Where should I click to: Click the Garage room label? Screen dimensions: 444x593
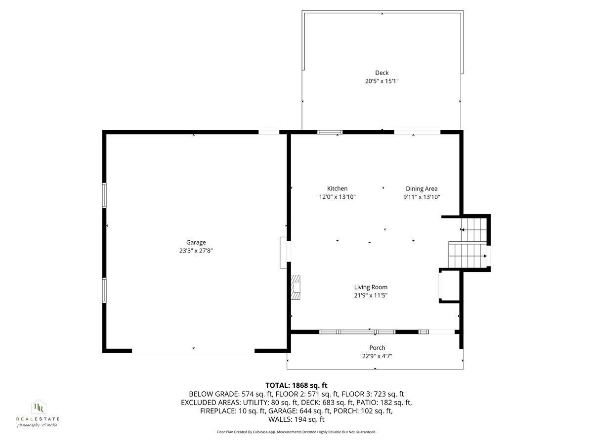(x=196, y=242)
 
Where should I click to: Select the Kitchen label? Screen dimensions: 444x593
(x=337, y=188)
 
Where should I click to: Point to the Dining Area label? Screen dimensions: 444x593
(x=422, y=188)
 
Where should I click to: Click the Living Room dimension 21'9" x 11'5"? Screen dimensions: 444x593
(x=371, y=296)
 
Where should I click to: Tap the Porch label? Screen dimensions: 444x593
(x=377, y=348)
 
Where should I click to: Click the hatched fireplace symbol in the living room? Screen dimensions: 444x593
(x=295, y=288)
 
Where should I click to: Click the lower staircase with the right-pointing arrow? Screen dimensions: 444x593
(x=467, y=256)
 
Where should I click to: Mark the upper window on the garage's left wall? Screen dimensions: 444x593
(x=104, y=195)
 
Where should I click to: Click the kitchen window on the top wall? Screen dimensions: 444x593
(x=330, y=132)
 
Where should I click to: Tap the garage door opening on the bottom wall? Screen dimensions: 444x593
(x=193, y=351)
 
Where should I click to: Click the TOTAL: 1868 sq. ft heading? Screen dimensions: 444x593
(x=296, y=385)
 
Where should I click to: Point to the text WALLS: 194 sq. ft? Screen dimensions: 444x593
(x=296, y=419)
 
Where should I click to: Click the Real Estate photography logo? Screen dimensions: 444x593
(x=38, y=413)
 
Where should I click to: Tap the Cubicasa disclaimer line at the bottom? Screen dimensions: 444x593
(x=296, y=432)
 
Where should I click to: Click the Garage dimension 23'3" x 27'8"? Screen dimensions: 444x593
(x=196, y=251)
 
